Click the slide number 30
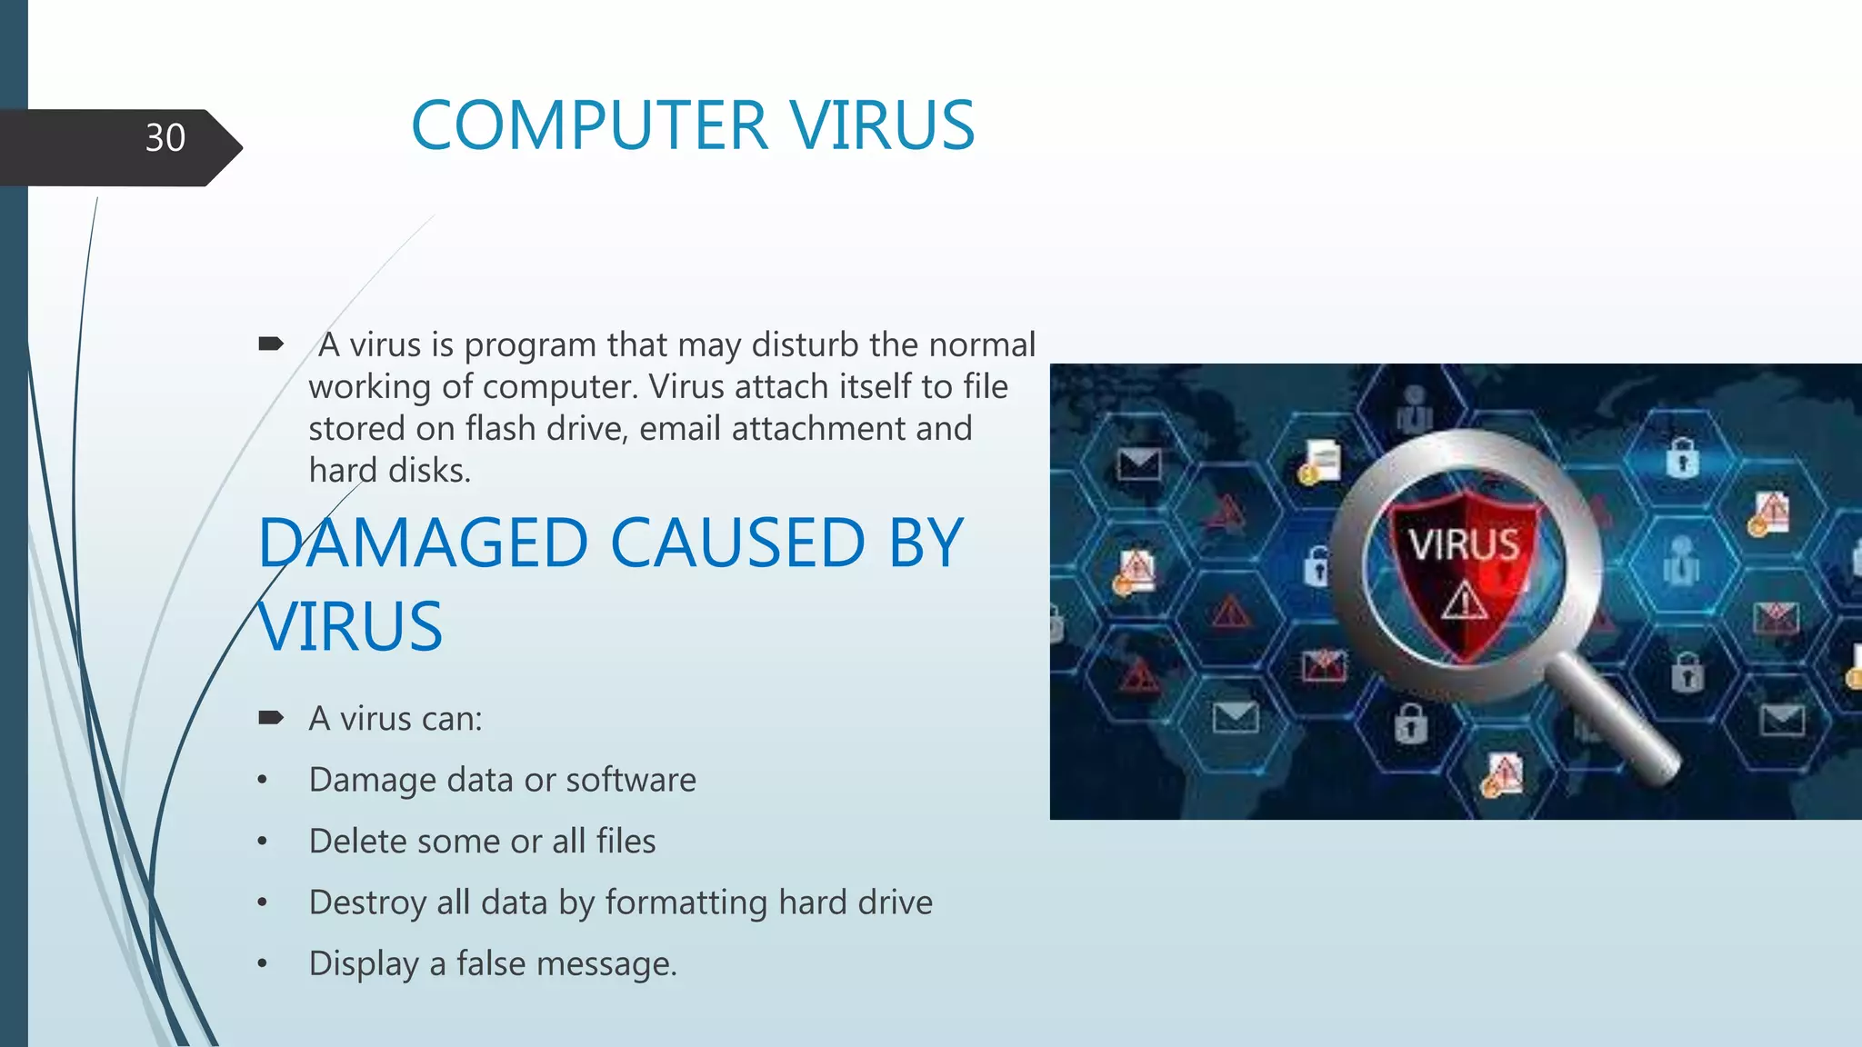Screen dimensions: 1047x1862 point(165,138)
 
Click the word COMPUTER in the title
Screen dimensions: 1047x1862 point(589,125)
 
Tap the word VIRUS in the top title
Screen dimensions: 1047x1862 point(882,125)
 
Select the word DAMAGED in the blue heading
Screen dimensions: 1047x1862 point(424,543)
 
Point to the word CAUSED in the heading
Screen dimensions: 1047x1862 point(736,543)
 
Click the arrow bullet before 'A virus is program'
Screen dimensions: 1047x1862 point(271,344)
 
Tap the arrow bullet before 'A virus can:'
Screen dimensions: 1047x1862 point(271,718)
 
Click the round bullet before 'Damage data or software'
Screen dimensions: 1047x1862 point(263,780)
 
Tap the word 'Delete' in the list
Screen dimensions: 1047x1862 point(358,842)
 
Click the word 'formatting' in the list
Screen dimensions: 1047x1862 point(686,902)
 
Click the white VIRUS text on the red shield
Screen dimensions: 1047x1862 point(1464,545)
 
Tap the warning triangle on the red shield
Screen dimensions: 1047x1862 point(1464,602)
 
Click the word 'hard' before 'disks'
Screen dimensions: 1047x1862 point(342,471)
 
